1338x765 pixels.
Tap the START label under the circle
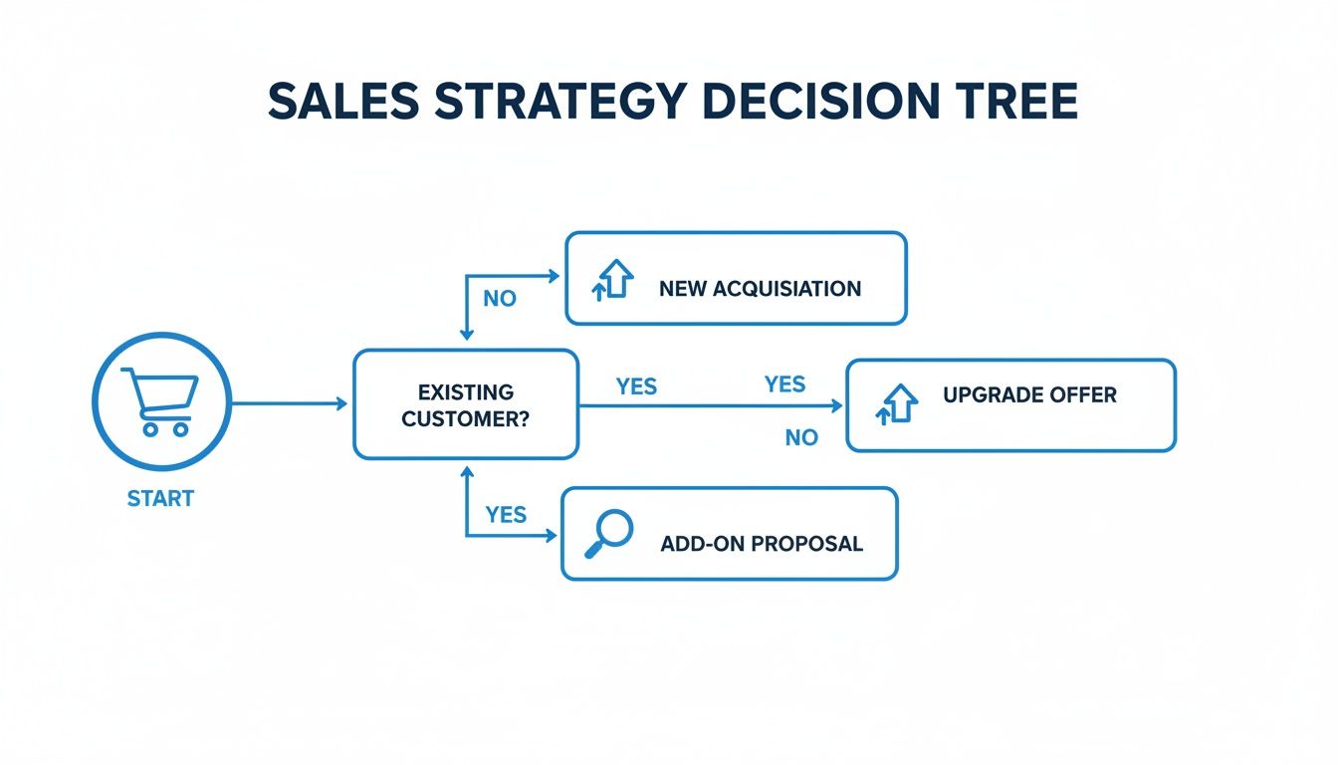coord(160,498)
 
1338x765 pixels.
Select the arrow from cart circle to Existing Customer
coord(289,403)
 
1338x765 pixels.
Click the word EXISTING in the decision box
coord(466,391)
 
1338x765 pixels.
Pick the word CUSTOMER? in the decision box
coord(466,418)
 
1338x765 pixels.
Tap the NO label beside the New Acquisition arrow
coord(500,299)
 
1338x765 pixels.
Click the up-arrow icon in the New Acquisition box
coord(614,280)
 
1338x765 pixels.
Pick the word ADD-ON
coord(702,544)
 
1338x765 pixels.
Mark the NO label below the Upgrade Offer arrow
coord(801,437)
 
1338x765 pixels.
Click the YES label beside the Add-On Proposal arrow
coord(506,515)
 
